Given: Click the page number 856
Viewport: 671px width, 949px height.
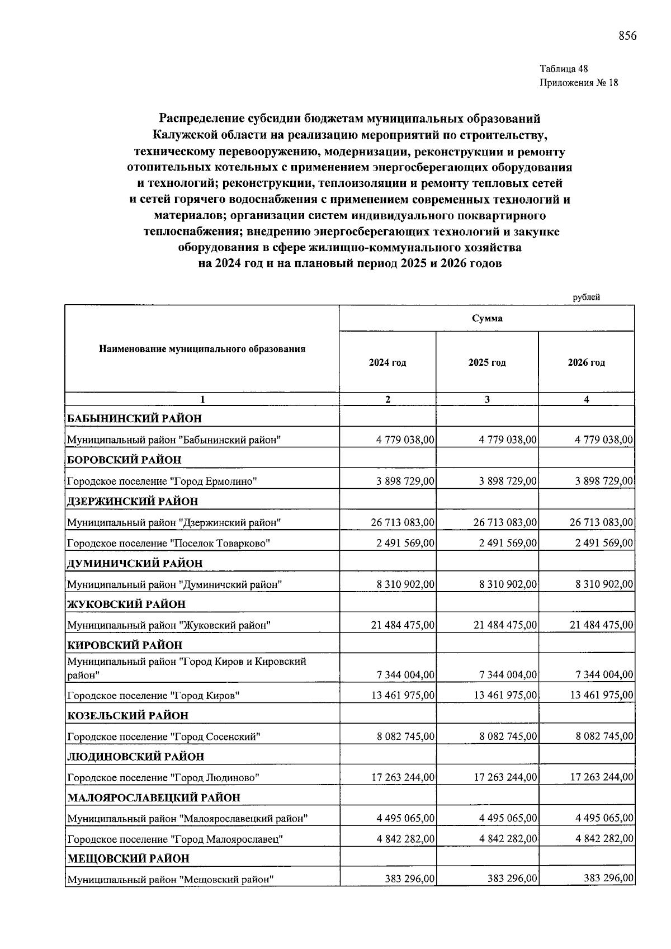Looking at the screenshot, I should click(x=627, y=36).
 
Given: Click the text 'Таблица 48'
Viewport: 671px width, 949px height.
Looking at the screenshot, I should click(x=564, y=69).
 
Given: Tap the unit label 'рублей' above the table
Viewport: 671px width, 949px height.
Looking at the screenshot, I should click(x=586, y=298).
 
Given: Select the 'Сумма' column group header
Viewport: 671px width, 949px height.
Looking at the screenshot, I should click(x=486, y=318).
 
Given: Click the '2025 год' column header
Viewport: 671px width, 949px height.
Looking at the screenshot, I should click(x=486, y=362).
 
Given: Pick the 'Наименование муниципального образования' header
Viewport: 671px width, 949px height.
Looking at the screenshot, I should click(x=202, y=349).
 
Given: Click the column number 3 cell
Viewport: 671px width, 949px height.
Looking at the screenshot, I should click(x=486, y=399).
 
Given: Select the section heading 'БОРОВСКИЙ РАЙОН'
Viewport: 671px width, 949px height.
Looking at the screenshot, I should click(x=124, y=460).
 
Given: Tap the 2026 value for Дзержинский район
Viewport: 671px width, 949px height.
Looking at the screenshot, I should click(x=601, y=522).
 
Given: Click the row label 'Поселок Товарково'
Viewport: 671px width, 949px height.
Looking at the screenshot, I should click(x=168, y=543).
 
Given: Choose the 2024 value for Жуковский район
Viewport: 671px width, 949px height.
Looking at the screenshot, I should click(x=403, y=625).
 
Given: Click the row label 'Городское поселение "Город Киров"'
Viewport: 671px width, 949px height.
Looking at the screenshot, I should click(x=153, y=696).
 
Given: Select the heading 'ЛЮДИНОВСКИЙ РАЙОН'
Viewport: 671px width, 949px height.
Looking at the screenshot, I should click(x=135, y=757).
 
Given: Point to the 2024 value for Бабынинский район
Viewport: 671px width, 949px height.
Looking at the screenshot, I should click(x=405, y=440).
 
